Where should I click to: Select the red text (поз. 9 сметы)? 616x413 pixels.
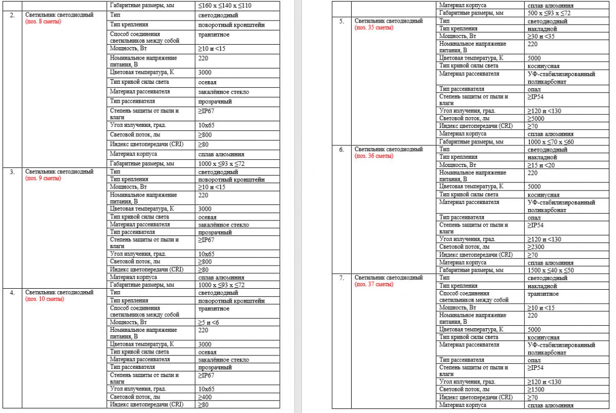(43, 178)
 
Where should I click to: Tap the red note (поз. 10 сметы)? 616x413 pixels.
(45, 299)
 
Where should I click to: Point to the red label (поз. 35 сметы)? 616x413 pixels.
(374, 27)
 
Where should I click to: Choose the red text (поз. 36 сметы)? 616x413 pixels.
(374, 156)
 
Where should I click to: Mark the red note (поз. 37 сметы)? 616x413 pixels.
(374, 284)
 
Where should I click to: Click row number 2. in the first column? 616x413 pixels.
(12, 15)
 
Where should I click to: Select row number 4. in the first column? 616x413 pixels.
(12, 292)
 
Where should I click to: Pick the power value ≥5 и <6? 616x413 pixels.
(211, 322)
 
